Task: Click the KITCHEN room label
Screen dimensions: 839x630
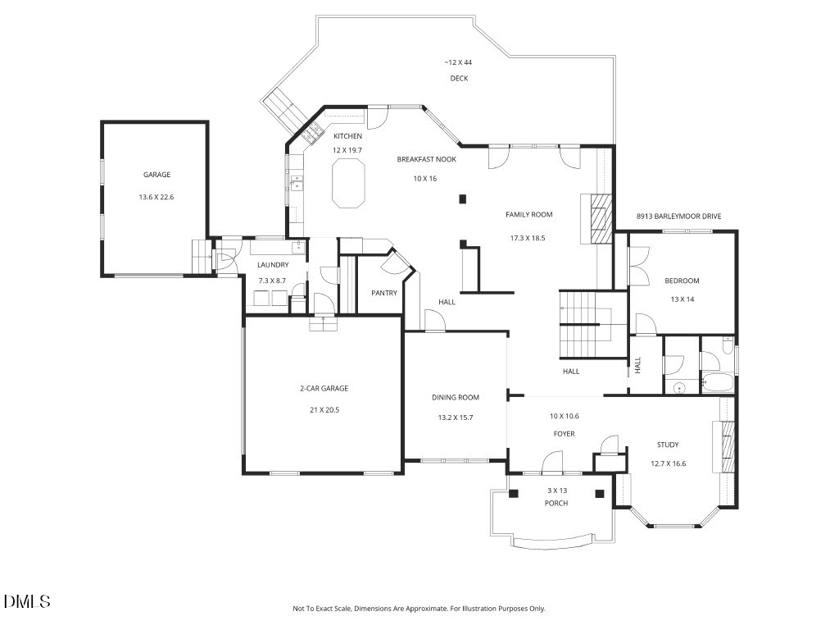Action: (347, 136)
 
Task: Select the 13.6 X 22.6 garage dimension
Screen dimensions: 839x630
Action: (156, 197)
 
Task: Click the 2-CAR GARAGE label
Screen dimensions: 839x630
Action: (324, 388)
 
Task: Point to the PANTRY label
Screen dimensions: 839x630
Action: (384, 293)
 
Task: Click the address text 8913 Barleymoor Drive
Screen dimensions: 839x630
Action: (678, 217)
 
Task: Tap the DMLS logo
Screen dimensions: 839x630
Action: (27, 601)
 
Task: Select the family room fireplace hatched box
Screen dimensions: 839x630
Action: (601, 218)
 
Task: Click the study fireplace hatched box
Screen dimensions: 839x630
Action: (728, 447)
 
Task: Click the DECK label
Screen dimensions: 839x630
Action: (459, 78)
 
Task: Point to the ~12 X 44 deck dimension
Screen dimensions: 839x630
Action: (458, 62)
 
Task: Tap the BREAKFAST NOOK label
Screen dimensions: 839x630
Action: (426, 159)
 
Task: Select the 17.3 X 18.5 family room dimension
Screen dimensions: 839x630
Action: (528, 238)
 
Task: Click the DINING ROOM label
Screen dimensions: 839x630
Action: (456, 398)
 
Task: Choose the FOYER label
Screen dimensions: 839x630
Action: (564, 434)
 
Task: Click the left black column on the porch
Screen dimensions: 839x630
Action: (514, 494)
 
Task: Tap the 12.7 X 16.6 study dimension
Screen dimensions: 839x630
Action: (669, 464)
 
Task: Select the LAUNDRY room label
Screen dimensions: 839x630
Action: (273, 265)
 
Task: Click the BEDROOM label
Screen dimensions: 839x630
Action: (682, 281)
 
